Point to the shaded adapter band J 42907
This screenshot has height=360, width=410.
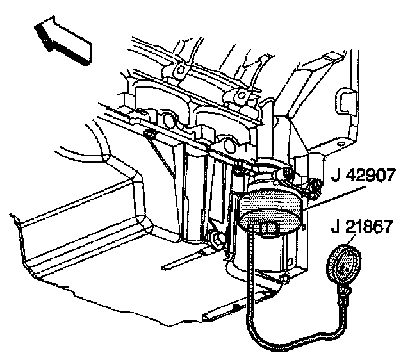pos(269,204)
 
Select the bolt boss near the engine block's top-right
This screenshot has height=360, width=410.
pos(242,95)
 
